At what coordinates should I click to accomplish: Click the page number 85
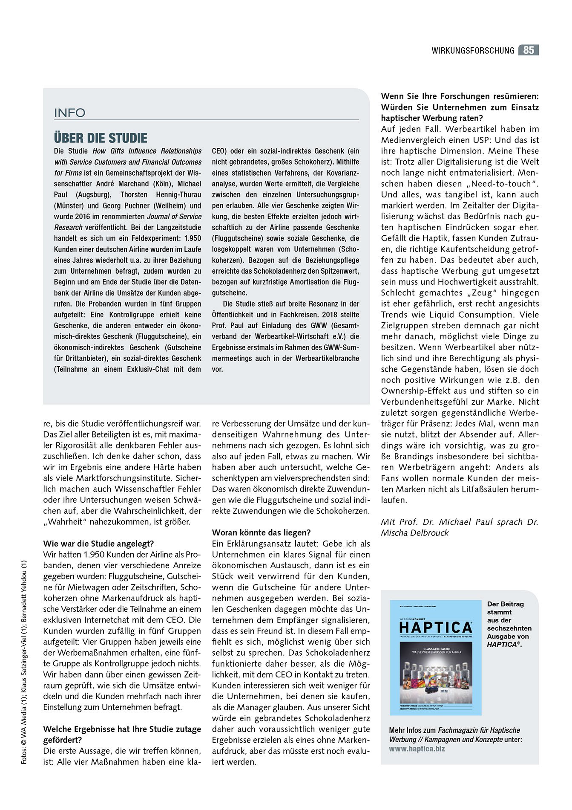click(x=528, y=50)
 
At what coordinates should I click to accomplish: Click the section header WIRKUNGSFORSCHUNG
click(x=473, y=51)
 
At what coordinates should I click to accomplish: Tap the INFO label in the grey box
click(x=70, y=113)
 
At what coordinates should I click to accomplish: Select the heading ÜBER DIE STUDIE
click(x=101, y=138)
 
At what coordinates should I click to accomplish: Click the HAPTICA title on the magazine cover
click(x=436, y=627)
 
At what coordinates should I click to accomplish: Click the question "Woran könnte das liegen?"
click(x=261, y=532)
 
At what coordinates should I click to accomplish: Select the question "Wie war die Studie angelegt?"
click(x=98, y=544)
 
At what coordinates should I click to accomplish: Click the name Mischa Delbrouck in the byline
click(x=415, y=533)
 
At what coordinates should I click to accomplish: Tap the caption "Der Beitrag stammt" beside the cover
click(x=505, y=608)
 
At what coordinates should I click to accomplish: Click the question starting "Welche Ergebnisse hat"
click(x=122, y=729)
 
